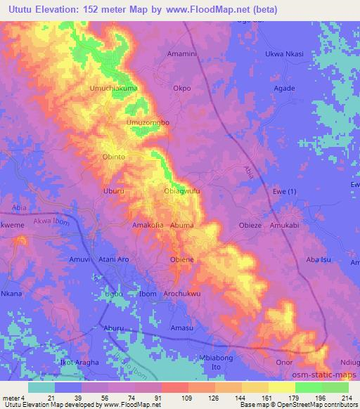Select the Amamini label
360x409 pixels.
pos(184,54)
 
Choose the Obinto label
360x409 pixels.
pos(115,157)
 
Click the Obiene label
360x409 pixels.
pos(182,259)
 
